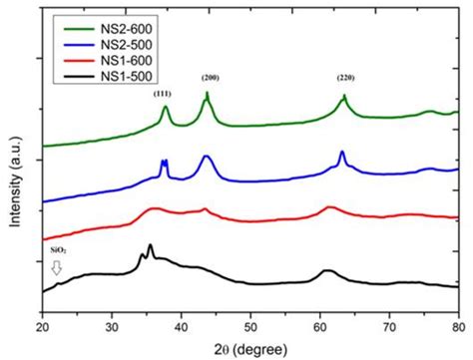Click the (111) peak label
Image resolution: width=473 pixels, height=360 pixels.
(163, 93)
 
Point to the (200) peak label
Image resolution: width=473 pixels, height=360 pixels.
(210, 77)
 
